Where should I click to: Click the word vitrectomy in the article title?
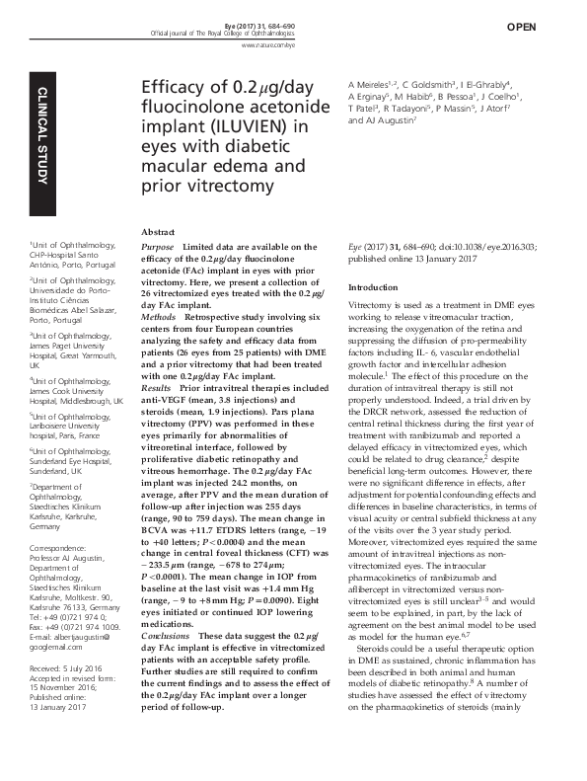pos(214,185)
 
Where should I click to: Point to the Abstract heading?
pos(160,229)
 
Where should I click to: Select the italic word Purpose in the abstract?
pos(159,247)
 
